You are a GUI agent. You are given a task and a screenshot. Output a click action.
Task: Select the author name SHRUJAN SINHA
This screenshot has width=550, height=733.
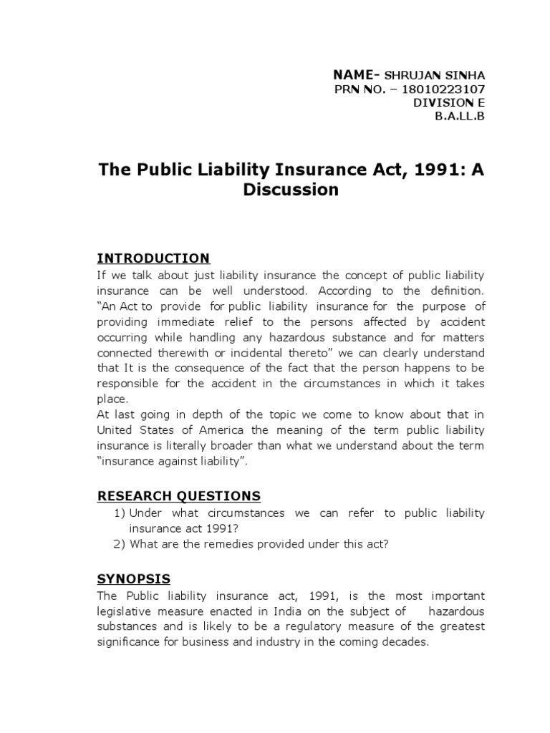click(435, 75)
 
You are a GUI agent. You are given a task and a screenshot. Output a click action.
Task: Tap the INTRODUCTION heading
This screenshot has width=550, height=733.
click(153, 258)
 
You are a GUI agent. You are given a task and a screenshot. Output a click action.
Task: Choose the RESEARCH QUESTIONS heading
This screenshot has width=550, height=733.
click(178, 495)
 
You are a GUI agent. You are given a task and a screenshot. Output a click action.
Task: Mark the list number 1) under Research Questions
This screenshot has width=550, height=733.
click(120, 513)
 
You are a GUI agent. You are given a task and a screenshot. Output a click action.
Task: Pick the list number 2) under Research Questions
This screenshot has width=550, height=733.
click(120, 544)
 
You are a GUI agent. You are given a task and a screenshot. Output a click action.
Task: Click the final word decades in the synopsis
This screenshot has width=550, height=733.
click(404, 641)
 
